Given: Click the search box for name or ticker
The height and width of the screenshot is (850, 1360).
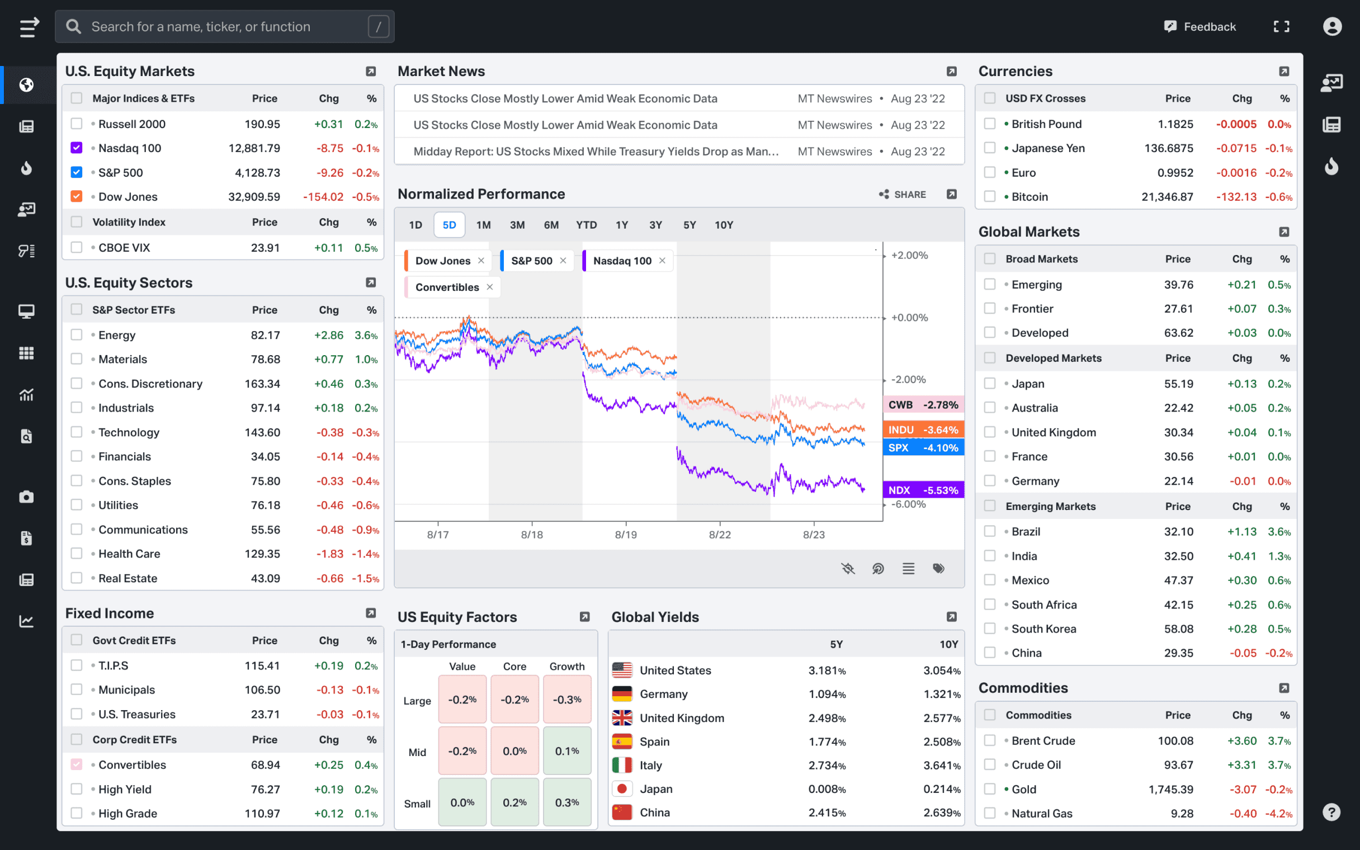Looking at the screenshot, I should [225, 26].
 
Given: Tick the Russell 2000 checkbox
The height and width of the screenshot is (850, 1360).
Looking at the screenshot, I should [77, 124].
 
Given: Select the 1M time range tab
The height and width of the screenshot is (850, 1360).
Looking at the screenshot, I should [483, 225].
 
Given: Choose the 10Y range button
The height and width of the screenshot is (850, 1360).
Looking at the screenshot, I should [723, 225].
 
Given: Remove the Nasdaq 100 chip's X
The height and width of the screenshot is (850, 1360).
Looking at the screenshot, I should [663, 260].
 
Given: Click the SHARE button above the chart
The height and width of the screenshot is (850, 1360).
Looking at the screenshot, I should [903, 195].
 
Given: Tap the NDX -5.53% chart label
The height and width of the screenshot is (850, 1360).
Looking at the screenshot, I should [923, 490].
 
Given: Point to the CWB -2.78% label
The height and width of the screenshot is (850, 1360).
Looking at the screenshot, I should [923, 405].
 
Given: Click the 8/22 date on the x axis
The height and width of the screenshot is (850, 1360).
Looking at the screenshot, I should [720, 535].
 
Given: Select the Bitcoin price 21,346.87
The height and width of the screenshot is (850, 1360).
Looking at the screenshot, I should [1167, 197].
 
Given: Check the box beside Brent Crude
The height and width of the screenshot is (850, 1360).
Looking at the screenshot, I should [990, 740].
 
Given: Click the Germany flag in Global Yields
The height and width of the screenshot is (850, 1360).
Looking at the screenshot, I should [622, 695].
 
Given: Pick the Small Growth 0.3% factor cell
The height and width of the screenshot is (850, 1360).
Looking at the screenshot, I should [566, 802].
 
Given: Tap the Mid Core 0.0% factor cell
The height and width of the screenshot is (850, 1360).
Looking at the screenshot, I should [514, 751].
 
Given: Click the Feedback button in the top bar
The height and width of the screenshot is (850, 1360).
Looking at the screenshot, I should [1201, 26].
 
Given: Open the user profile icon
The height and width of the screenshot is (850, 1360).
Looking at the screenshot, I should [1332, 26].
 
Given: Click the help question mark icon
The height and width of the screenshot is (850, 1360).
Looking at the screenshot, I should [1331, 812].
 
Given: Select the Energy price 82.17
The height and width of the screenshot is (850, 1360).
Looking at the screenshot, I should [265, 335].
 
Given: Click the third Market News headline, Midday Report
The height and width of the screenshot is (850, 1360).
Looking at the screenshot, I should [596, 151].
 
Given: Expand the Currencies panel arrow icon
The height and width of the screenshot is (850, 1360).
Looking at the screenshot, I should [1284, 72].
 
